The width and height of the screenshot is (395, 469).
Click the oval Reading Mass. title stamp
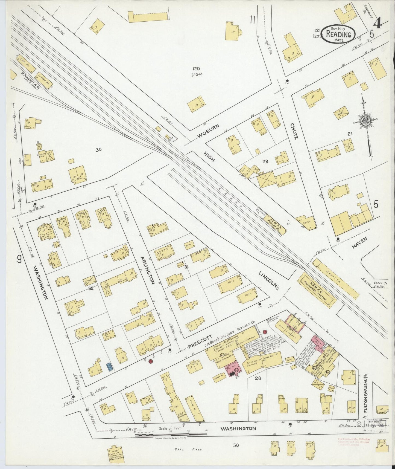[338, 34]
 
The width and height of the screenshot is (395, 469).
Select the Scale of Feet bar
[171, 435]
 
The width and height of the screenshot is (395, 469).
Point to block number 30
[99, 150]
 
